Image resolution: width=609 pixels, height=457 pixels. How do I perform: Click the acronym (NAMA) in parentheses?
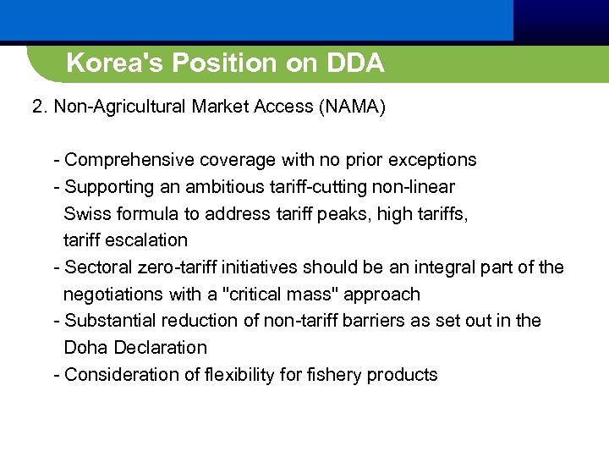[348, 107]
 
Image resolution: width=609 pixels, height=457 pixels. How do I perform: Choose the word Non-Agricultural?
[119, 107]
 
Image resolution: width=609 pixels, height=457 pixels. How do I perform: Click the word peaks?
[347, 213]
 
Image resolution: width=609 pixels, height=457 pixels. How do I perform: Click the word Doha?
[86, 348]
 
